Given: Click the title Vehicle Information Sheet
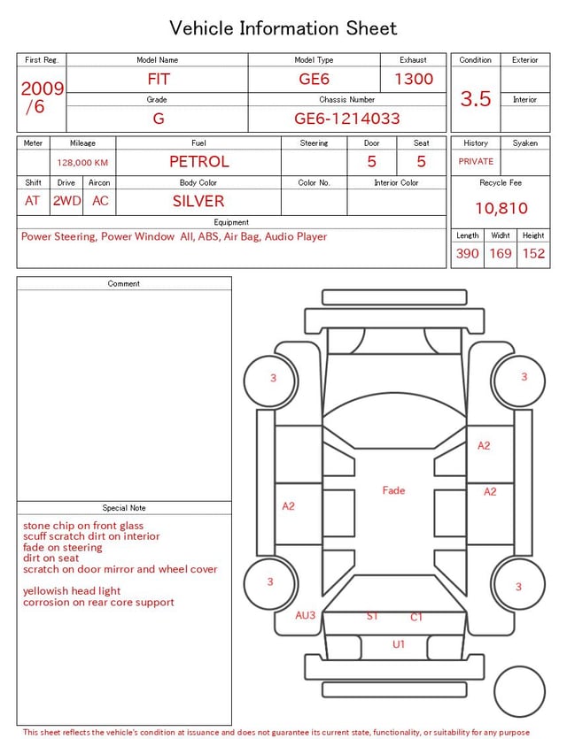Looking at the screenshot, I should tap(283, 28).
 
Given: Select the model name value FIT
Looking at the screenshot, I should tap(159, 79).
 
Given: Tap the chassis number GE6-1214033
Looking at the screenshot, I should tap(347, 119).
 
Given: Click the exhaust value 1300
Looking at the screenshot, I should tap(414, 79).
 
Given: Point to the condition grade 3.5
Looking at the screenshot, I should tap(476, 99).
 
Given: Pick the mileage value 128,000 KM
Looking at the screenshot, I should tap(82, 163).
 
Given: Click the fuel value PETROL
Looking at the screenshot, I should tap(198, 162).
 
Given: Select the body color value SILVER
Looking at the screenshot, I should tap(198, 201).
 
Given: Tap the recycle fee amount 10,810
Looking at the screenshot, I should tap(501, 209).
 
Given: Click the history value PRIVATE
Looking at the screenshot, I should tap(476, 162).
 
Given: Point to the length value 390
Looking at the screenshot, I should tap(467, 254).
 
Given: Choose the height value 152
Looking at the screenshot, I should tap(533, 254).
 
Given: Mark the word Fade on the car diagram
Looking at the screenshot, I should tap(393, 490).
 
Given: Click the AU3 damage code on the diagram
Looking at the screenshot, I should tap(306, 615).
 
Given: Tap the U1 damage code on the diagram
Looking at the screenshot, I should tap(399, 644).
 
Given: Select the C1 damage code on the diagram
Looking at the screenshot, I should tap(416, 617).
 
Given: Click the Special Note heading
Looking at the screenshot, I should tap(124, 508).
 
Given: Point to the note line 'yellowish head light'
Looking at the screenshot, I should tap(72, 591).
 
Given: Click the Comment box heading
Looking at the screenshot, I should tap(124, 284).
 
